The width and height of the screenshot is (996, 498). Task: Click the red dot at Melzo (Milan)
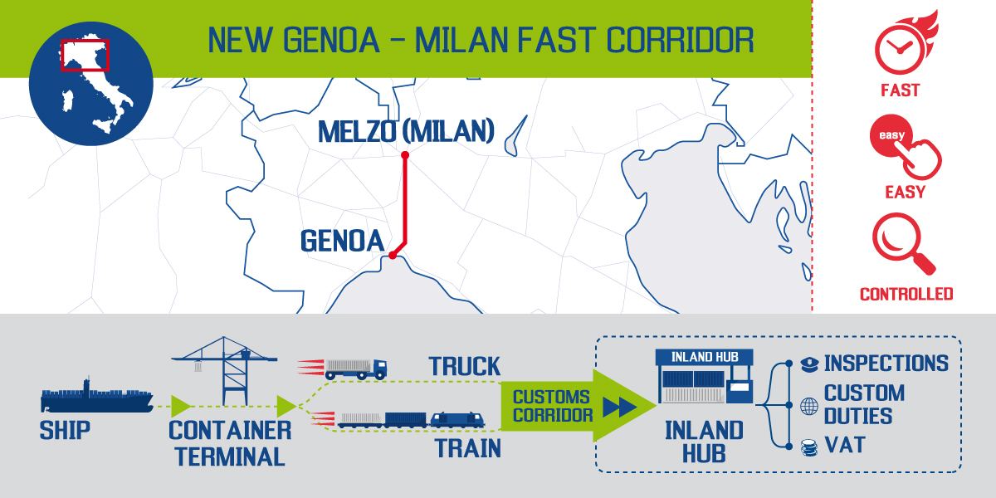click(x=405, y=155)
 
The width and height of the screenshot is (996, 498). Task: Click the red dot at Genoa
click(x=393, y=256)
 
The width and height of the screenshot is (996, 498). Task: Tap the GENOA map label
click(x=342, y=242)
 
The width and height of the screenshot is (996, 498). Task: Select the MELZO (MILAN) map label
click(x=407, y=130)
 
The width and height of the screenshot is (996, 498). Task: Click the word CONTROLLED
click(x=906, y=295)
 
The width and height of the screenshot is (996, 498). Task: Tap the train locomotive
click(x=456, y=419)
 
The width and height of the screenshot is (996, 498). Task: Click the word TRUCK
click(x=465, y=366)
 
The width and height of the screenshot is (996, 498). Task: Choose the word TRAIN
click(x=467, y=448)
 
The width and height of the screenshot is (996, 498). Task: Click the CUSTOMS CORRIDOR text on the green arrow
click(x=551, y=406)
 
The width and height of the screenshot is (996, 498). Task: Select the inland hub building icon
click(x=704, y=381)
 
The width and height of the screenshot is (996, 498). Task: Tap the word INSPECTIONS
click(x=886, y=364)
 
